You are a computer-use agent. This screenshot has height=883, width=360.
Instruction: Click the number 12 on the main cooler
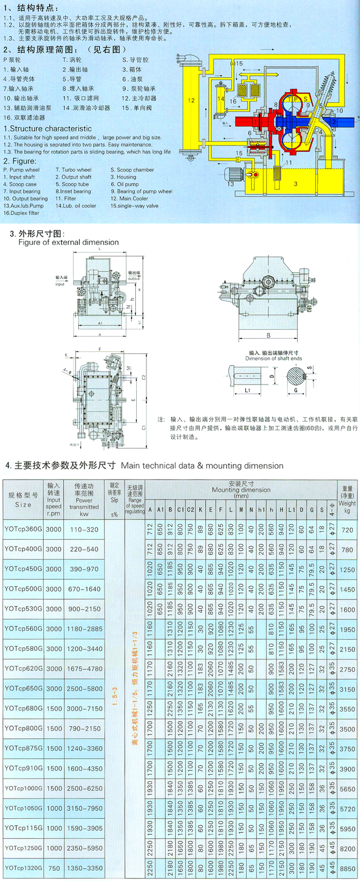pos(191,100)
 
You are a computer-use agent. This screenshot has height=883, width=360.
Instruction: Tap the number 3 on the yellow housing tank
pos(296,184)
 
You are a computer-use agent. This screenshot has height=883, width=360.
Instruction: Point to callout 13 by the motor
pos(231,184)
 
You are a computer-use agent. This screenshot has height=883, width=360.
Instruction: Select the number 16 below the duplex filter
pos(233,102)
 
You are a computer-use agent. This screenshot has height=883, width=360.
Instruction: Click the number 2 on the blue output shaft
pos(334,122)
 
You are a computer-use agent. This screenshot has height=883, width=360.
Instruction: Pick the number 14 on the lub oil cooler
pos(221,98)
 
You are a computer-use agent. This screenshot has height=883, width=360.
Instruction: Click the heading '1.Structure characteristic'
pos(48,129)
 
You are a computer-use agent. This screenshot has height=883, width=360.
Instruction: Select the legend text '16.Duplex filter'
pos(22,213)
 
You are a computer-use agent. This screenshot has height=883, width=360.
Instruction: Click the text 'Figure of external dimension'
pos(68,242)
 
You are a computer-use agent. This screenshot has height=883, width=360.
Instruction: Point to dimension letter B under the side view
pos(268,335)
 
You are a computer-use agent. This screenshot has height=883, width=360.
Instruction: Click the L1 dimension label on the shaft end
pos(247,390)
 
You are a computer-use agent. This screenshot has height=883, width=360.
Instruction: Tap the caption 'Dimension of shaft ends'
pos(273,359)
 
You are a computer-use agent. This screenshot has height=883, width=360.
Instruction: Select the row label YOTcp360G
pos(23,529)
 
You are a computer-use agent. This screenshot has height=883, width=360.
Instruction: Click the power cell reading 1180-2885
pos(84,629)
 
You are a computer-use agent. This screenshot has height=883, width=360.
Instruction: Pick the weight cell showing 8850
pos(347,869)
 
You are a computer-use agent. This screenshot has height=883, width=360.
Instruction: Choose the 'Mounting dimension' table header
pos(241,490)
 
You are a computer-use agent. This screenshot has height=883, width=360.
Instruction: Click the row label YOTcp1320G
pos(24,868)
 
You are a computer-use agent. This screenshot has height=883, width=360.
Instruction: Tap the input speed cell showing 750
pos(54,868)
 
